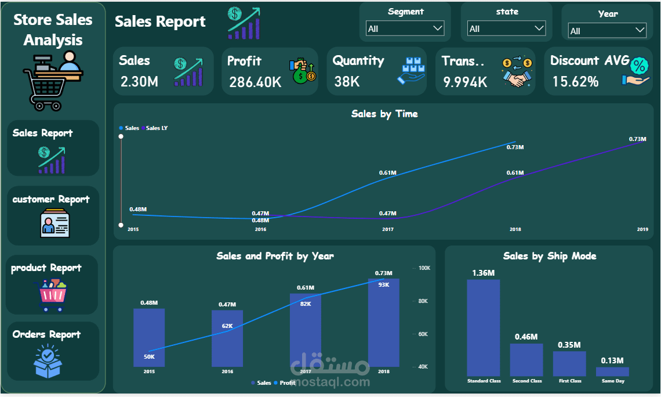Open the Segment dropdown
click(405, 28)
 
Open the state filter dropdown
click(506, 28)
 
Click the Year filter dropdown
click(607, 31)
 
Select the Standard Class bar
click(484, 328)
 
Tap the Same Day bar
click(612, 371)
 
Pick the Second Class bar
click(526, 360)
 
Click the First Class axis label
click(569, 381)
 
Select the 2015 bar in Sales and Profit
click(149, 337)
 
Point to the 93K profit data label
click(384, 284)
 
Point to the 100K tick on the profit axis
click(424, 268)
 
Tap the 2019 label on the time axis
click(642, 229)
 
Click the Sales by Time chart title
click(384, 114)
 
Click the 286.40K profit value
click(255, 82)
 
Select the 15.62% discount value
click(575, 82)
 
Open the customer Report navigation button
click(53, 215)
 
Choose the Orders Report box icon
click(48, 360)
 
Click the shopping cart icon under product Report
click(53, 295)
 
